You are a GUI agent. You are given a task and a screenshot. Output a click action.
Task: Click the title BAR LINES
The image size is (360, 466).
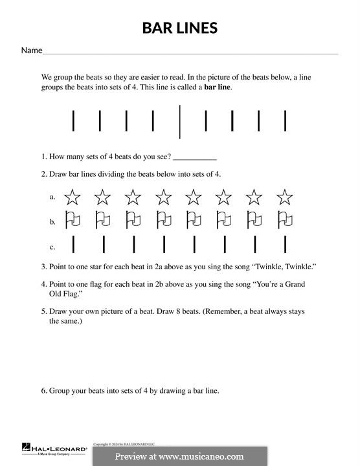pos(180,28)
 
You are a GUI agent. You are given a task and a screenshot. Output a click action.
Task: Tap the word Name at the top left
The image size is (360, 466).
pos(32,50)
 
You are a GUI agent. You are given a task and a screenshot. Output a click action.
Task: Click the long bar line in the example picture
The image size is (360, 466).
pos(179,121)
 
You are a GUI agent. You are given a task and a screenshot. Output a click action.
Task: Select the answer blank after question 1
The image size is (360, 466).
pos(195,157)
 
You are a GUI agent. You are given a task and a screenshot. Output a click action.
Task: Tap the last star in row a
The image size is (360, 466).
pos(285,197)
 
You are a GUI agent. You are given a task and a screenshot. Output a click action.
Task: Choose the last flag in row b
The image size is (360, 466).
pos(285,220)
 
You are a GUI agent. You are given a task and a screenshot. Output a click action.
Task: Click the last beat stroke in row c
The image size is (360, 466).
pos(285,245)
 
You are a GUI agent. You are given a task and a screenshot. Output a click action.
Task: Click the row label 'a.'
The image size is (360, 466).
pos(52,197)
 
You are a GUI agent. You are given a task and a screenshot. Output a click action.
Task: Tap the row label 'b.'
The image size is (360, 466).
pos(52,221)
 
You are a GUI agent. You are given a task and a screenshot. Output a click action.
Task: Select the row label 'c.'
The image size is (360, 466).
pos(52,247)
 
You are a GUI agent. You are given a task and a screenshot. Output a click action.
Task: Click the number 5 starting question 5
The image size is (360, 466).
pos(43,311)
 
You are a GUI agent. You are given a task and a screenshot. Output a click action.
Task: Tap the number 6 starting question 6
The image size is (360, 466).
pos(43,390)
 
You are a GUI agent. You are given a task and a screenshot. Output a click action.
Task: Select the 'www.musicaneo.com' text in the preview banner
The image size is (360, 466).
pos(207,456)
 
